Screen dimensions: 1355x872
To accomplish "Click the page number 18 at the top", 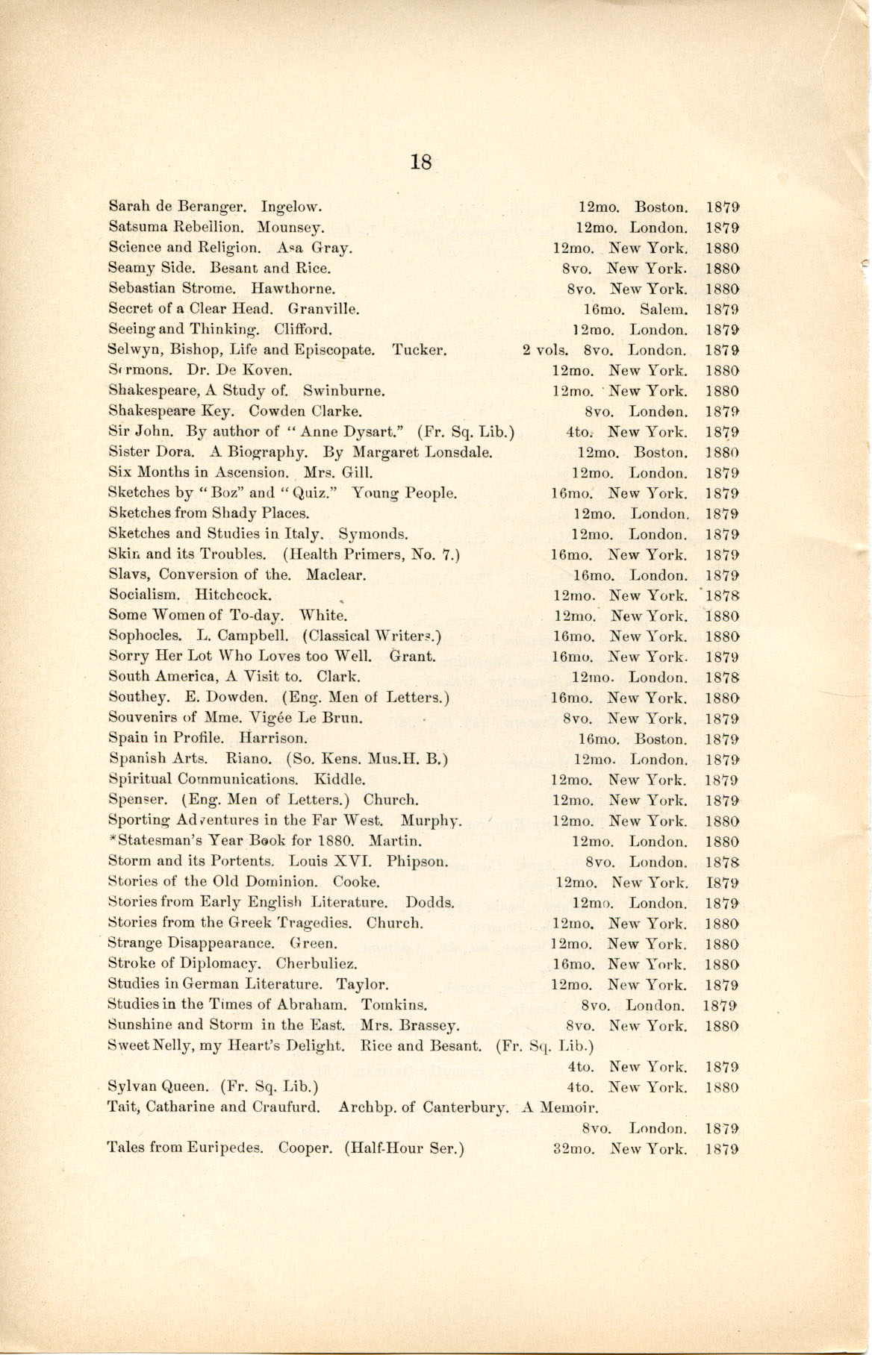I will [421, 162].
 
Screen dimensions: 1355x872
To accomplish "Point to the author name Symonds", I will [373, 534].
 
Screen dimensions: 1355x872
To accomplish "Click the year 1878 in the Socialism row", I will [722, 595].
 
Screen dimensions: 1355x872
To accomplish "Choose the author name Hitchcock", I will [233, 595].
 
